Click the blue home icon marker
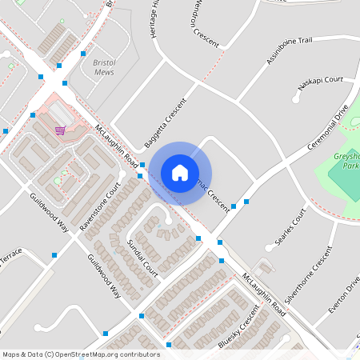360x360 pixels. click(180, 173)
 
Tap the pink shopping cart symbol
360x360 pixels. click(60, 130)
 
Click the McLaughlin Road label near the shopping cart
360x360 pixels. click(116, 142)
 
